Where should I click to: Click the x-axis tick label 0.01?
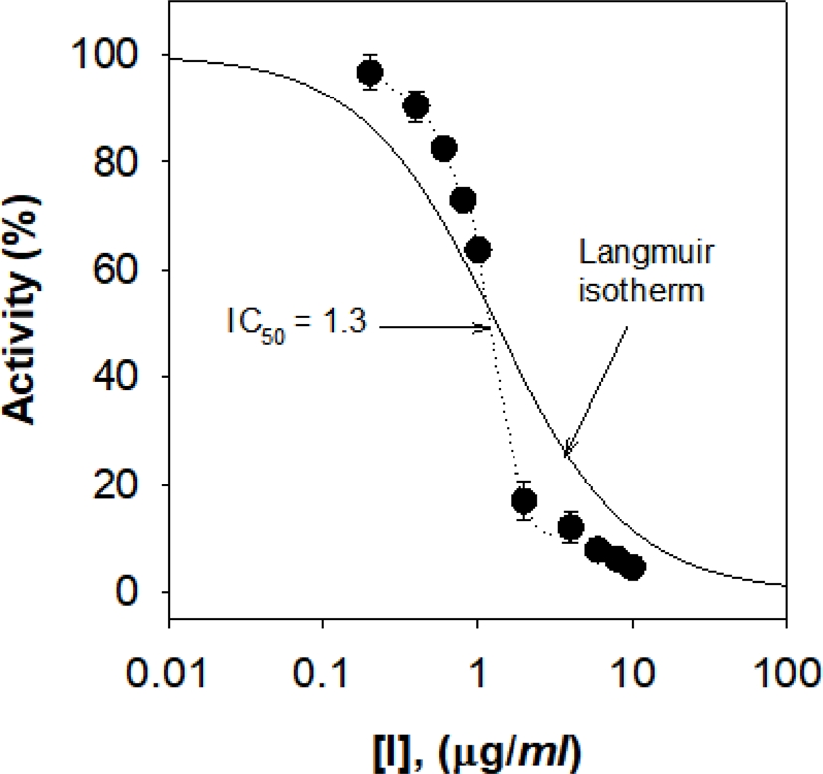(x=169, y=660)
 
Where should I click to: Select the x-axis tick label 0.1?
(x=323, y=660)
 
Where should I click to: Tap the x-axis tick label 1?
(x=478, y=660)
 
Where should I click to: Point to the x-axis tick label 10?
(x=632, y=660)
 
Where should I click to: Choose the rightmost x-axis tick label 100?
(x=786, y=660)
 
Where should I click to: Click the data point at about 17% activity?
(x=523, y=500)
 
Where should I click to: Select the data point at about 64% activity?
(x=478, y=249)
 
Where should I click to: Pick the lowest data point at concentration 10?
(x=632, y=568)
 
